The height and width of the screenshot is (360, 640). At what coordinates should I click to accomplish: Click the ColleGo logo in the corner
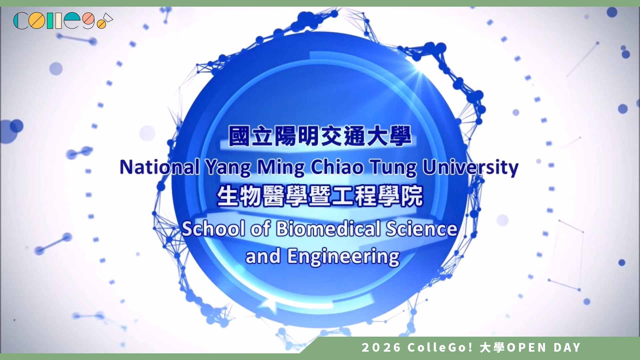pyautogui.click(x=63, y=21)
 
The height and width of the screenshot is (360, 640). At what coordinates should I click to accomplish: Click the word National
pyautogui.click(x=160, y=167)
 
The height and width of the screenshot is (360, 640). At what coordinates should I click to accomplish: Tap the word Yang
pyautogui.click(x=228, y=168)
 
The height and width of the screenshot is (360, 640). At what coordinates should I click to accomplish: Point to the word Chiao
pyautogui.click(x=337, y=167)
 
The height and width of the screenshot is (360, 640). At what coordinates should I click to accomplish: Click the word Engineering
pyautogui.click(x=343, y=257)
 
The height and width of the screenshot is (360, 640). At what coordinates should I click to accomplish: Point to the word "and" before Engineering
pyautogui.click(x=263, y=257)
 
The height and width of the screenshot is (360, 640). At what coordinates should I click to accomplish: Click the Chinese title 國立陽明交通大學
pyautogui.click(x=320, y=136)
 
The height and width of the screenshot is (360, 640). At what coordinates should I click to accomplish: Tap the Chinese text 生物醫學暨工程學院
pyautogui.click(x=320, y=196)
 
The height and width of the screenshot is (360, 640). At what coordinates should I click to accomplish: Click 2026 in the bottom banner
pyautogui.click(x=381, y=348)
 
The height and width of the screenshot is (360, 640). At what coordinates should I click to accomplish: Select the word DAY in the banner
pyautogui.click(x=567, y=348)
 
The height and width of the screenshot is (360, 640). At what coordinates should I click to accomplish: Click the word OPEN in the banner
pyautogui.click(x=527, y=348)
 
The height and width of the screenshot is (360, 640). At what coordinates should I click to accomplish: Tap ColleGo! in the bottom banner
pyautogui.click(x=440, y=348)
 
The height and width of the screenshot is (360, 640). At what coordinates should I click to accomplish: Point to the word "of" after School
pyautogui.click(x=260, y=229)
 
